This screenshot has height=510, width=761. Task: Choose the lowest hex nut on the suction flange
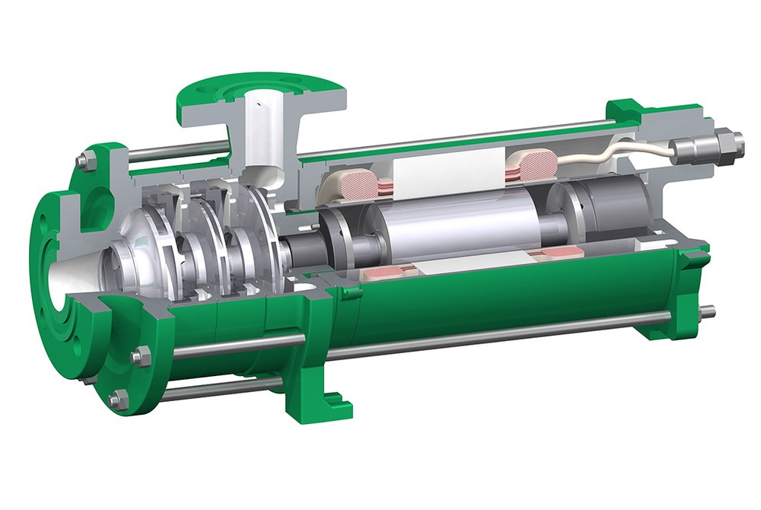pyautogui.click(x=118, y=400)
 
